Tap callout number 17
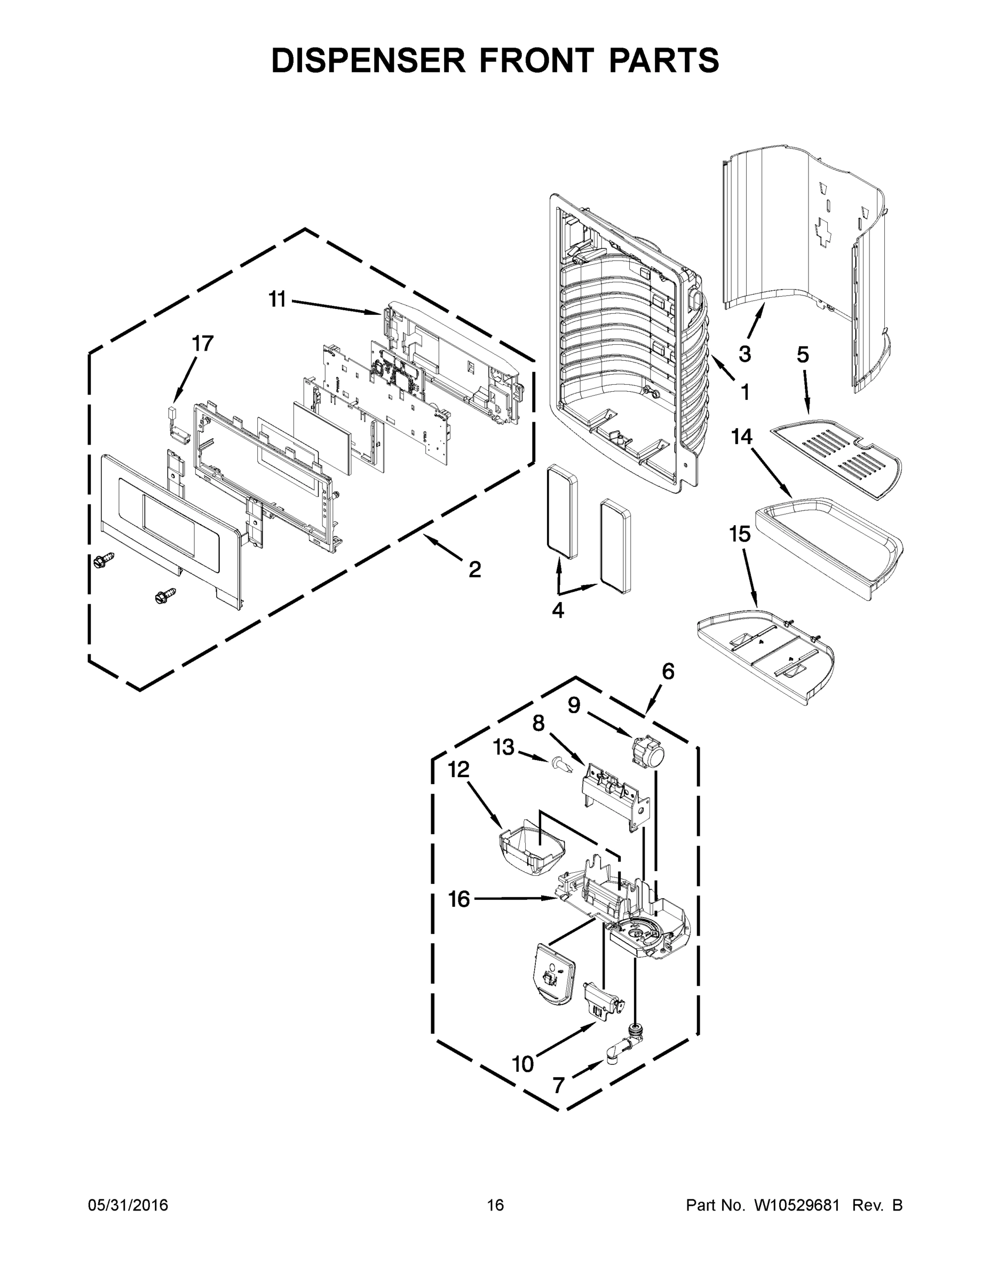(x=203, y=344)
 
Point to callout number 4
(x=558, y=610)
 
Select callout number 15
(x=740, y=534)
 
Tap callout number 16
(x=459, y=899)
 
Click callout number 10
(x=523, y=1063)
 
